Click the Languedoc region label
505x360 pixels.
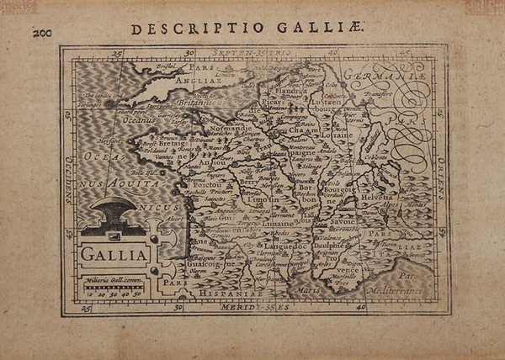tap(289, 242)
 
